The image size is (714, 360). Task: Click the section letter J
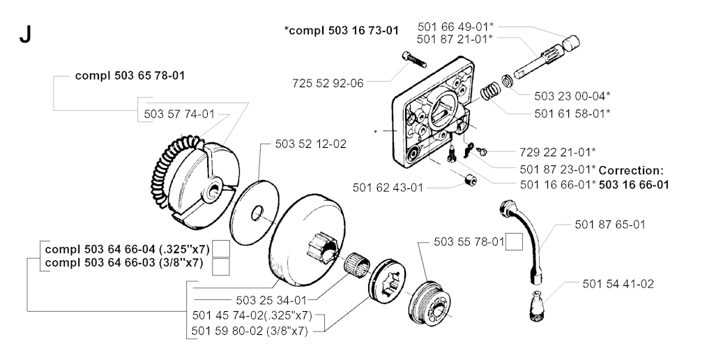(25, 36)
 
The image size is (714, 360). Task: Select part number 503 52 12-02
(311, 144)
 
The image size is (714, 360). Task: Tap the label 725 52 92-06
(328, 83)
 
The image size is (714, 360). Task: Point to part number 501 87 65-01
(611, 225)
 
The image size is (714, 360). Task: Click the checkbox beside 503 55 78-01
(514, 242)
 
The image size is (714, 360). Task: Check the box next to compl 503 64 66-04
(221, 248)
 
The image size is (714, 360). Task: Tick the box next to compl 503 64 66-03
(221, 265)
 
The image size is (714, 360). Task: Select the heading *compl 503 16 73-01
(342, 30)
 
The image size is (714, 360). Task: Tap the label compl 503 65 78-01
(130, 75)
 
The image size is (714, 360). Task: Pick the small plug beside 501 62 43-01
(469, 181)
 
